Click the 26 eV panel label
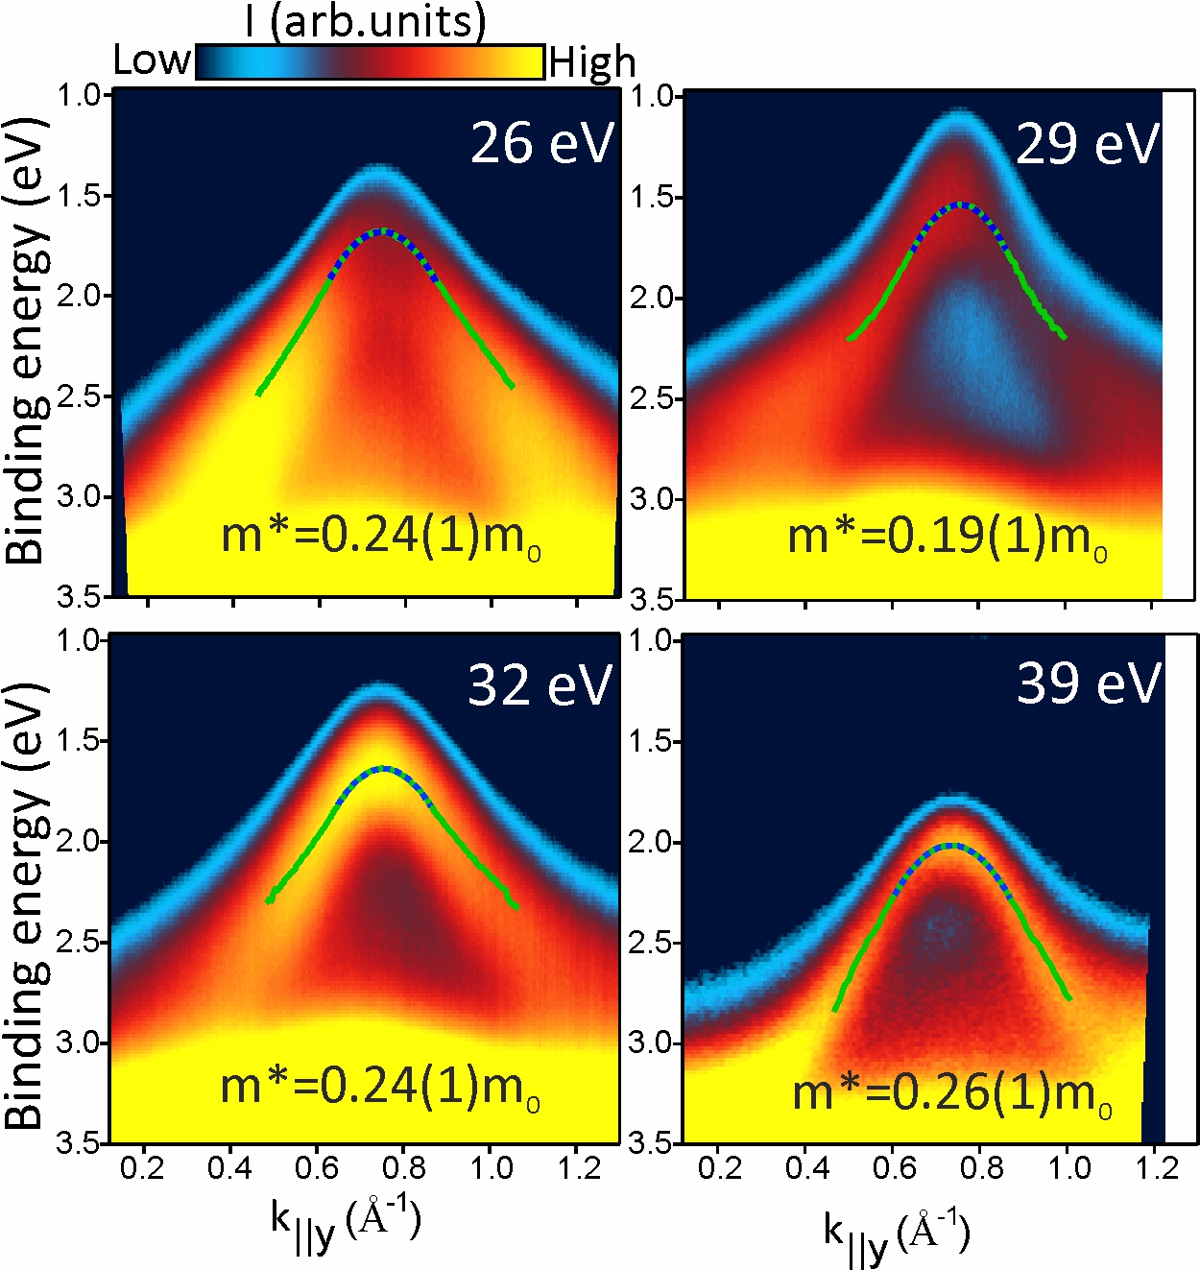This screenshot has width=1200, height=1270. (x=541, y=144)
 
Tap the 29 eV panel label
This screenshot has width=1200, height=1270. (x=1088, y=145)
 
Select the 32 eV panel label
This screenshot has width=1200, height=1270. (x=540, y=685)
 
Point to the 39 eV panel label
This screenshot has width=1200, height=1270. (x=1089, y=683)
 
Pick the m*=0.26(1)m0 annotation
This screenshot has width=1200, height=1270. (x=952, y=1093)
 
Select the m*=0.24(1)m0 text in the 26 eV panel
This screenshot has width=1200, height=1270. (x=380, y=536)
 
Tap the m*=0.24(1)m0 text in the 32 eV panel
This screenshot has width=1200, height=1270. (x=380, y=1087)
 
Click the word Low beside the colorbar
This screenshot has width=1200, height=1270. (x=152, y=60)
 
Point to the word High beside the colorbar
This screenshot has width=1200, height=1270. (x=592, y=63)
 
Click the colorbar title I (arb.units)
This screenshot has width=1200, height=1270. (x=366, y=21)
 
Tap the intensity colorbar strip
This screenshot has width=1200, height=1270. (x=371, y=62)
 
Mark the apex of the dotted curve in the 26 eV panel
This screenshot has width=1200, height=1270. (x=382, y=230)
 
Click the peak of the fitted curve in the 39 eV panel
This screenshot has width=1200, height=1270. (x=950, y=846)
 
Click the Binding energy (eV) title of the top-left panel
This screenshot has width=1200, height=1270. (x=27, y=340)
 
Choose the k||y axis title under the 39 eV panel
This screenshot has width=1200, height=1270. (x=897, y=1233)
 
